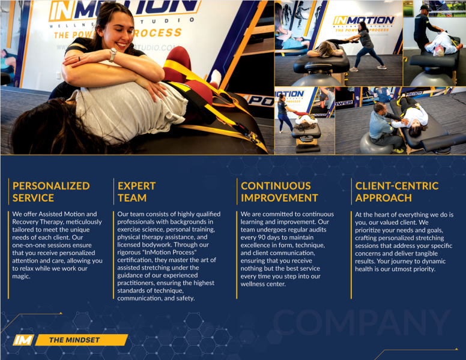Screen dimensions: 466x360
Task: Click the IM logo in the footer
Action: (23, 340)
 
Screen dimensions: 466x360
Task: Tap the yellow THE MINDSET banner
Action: (82, 340)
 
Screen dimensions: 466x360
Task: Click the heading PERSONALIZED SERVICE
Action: (51, 192)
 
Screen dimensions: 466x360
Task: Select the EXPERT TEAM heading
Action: (137, 192)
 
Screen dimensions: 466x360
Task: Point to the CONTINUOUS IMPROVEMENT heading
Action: (279, 192)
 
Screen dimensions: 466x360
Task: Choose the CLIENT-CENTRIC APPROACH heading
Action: (397, 192)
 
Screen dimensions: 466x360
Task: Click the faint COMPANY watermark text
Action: (362, 323)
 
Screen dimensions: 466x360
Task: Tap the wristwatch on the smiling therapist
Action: (113, 55)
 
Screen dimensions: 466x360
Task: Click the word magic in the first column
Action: (21, 277)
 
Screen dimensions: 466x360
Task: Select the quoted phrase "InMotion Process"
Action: (171, 253)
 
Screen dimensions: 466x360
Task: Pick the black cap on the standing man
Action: (426, 8)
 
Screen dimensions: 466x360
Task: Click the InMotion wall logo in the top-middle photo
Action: (363, 21)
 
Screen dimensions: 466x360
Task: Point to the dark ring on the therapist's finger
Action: (79, 59)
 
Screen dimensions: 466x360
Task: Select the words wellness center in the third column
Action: (263, 284)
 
